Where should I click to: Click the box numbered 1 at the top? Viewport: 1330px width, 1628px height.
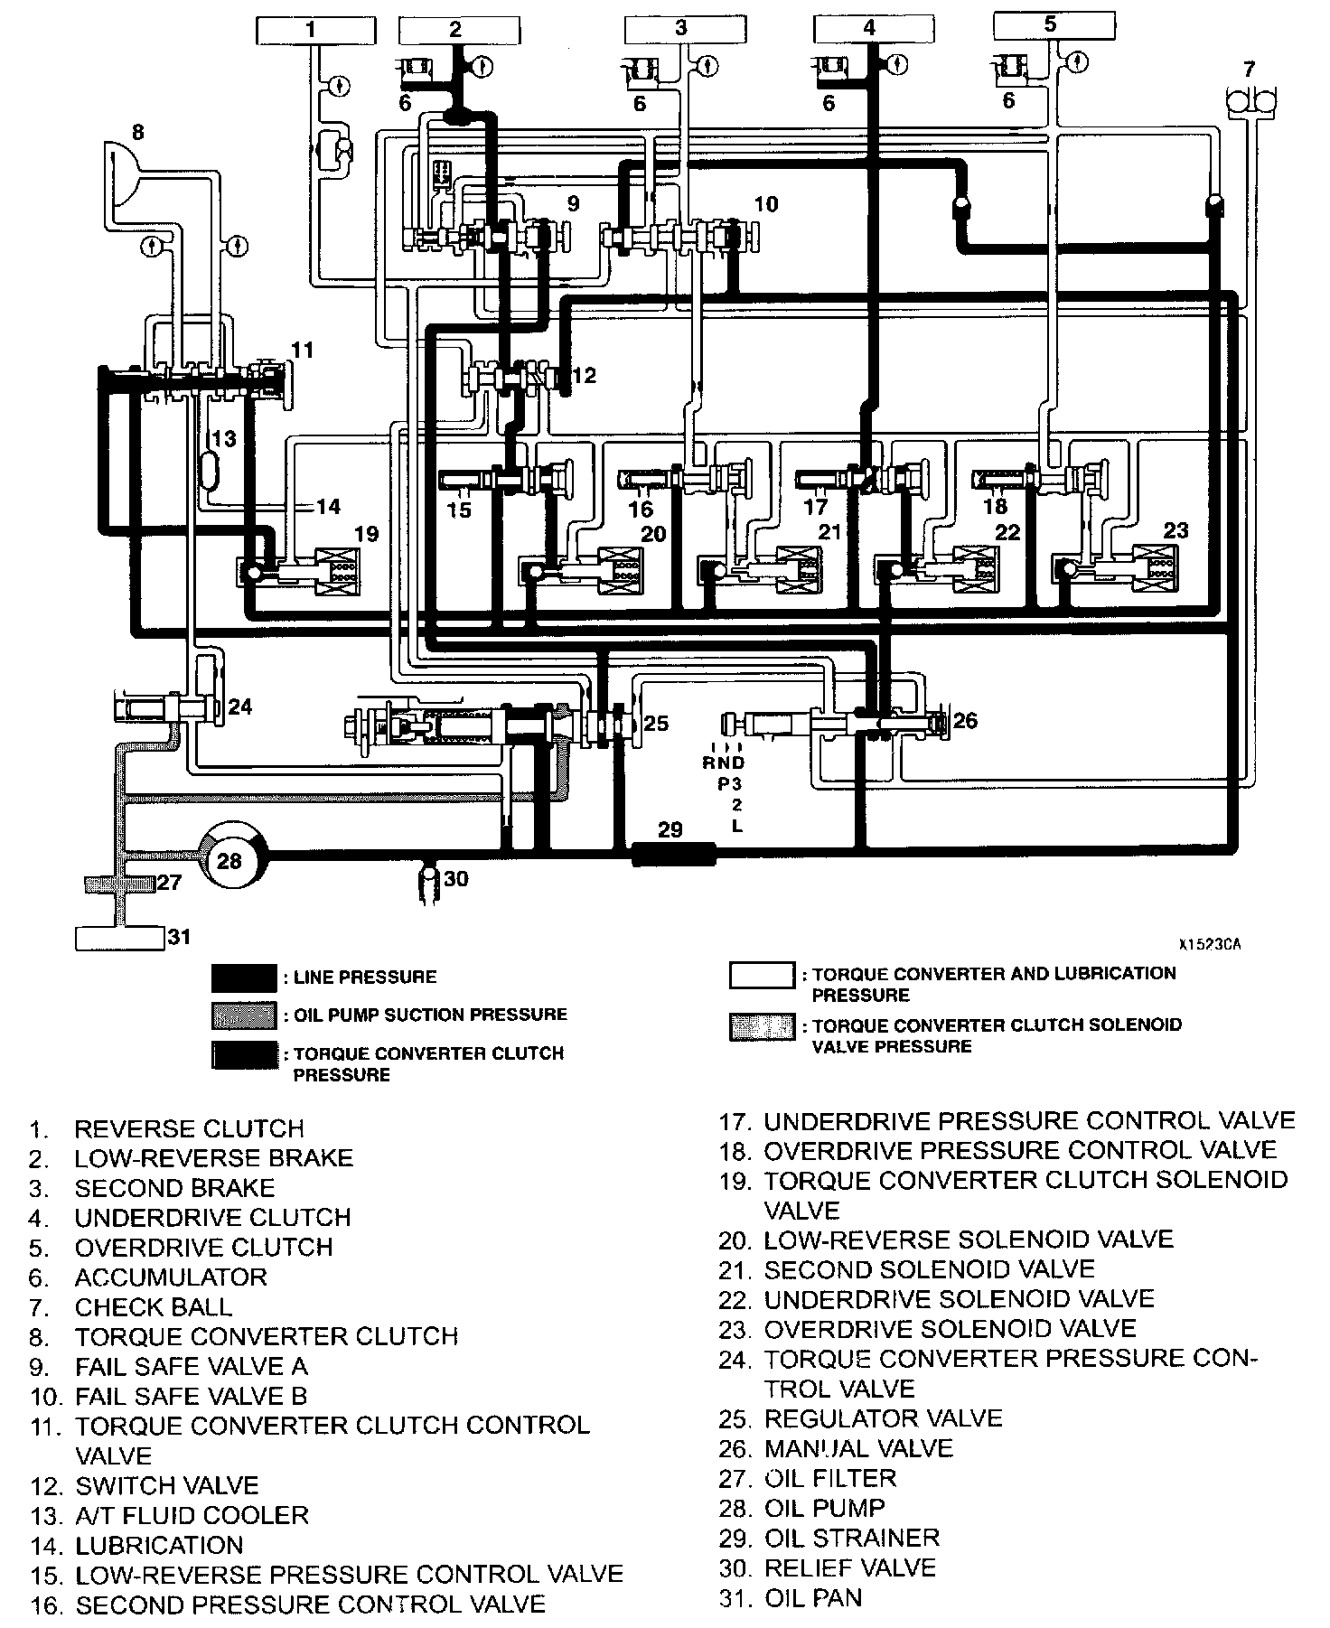(x=311, y=30)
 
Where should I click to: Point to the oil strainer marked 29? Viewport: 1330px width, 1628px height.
(x=672, y=853)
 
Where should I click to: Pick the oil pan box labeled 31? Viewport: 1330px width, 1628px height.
(x=119, y=938)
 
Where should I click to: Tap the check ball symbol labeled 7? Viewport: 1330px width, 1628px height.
(x=1251, y=98)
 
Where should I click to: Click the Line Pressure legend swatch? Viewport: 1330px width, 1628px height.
(x=244, y=978)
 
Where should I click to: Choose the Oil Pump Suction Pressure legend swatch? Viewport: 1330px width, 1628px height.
(x=244, y=1015)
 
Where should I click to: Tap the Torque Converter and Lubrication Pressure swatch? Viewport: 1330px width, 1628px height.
(x=762, y=975)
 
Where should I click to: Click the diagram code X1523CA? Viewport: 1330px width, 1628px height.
(x=1210, y=945)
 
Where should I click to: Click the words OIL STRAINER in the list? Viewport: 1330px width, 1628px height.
(x=852, y=1537)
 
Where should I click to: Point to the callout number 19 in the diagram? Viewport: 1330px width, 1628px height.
(x=366, y=534)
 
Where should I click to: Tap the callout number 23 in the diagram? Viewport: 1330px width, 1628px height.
(x=1175, y=530)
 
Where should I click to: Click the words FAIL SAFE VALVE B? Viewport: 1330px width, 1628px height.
(x=192, y=1396)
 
